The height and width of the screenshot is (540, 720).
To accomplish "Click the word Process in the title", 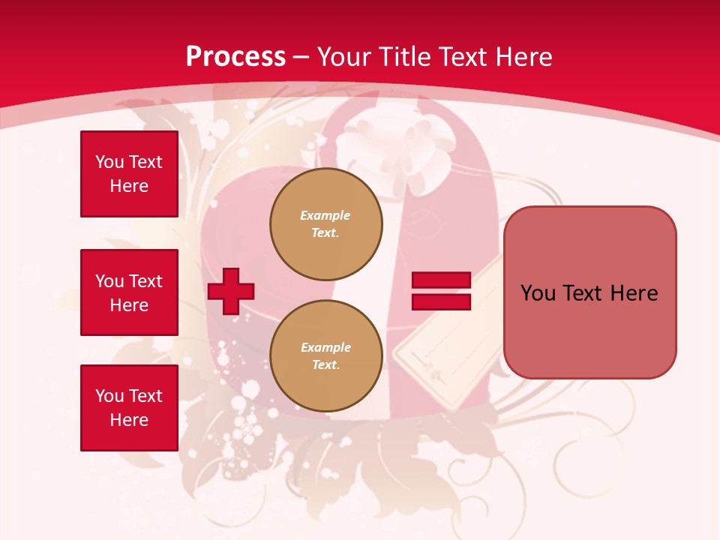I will (235, 56).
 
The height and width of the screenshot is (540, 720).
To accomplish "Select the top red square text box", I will (129, 174).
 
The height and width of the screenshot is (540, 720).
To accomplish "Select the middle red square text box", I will (129, 292).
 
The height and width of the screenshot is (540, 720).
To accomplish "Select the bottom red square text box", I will (129, 407).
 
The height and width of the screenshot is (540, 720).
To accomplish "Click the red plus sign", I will (231, 291).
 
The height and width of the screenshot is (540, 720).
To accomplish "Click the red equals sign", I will (441, 291).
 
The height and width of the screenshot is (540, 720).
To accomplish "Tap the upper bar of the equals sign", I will (441, 280).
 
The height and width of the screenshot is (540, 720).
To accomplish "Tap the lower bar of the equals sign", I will (441, 301).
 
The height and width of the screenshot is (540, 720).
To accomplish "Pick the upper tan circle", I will (325, 223).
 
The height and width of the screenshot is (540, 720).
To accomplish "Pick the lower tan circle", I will (325, 355).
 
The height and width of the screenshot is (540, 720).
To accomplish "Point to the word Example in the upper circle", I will (325, 215).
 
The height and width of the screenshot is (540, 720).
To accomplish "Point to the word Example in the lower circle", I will (325, 347).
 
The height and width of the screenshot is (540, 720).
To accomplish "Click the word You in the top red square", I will (109, 162).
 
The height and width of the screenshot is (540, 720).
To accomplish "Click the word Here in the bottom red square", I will (129, 420).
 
